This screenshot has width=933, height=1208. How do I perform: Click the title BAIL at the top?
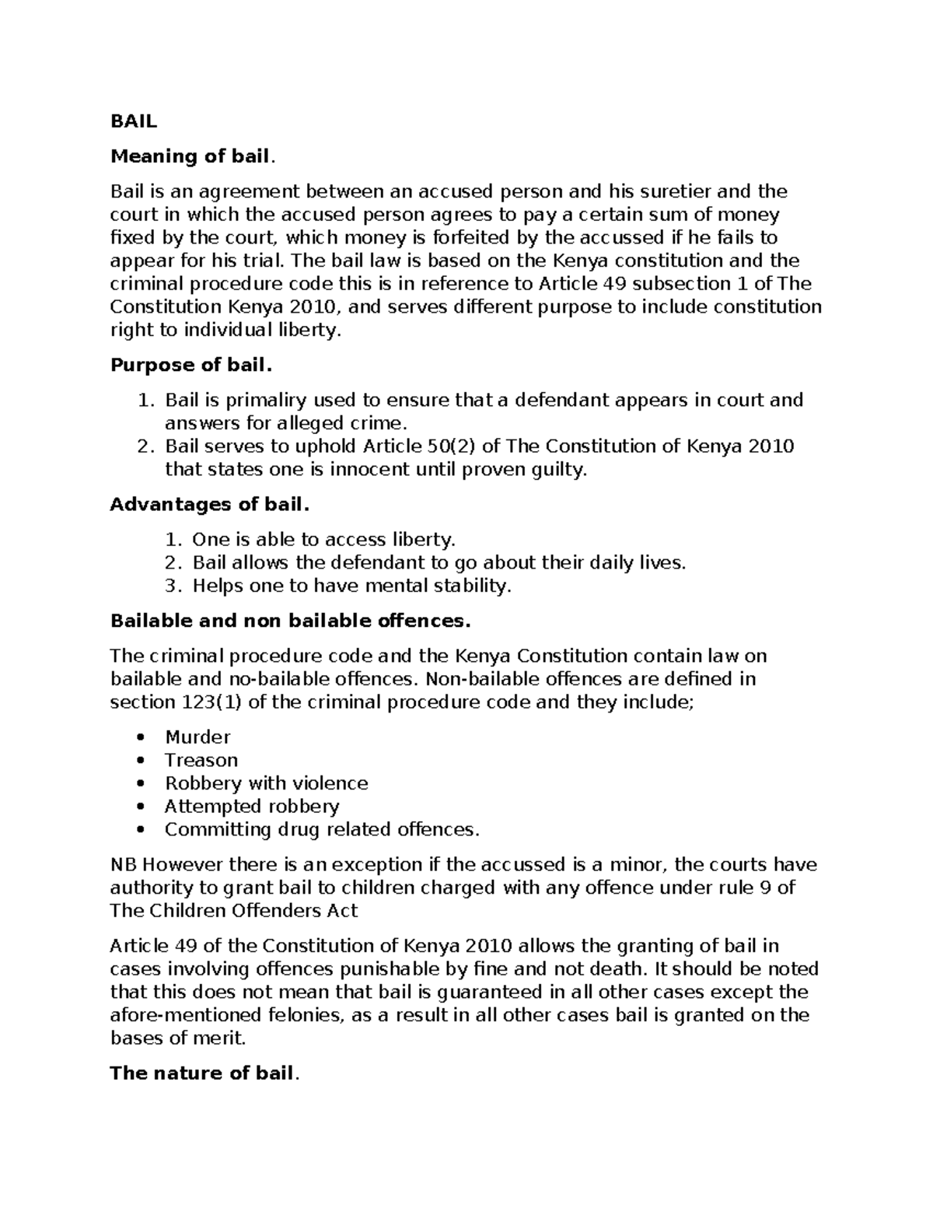click(x=133, y=121)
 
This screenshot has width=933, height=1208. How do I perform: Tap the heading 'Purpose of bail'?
click(x=191, y=365)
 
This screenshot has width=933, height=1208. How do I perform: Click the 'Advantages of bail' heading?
click(x=209, y=505)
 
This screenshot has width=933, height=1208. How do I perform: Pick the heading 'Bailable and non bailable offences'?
click(x=290, y=621)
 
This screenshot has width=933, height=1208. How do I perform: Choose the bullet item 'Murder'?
click(x=197, y=737)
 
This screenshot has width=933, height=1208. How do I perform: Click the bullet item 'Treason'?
click(x=201, y=760)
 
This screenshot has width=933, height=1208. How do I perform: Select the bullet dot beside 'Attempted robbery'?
click(x=140, y=807)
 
